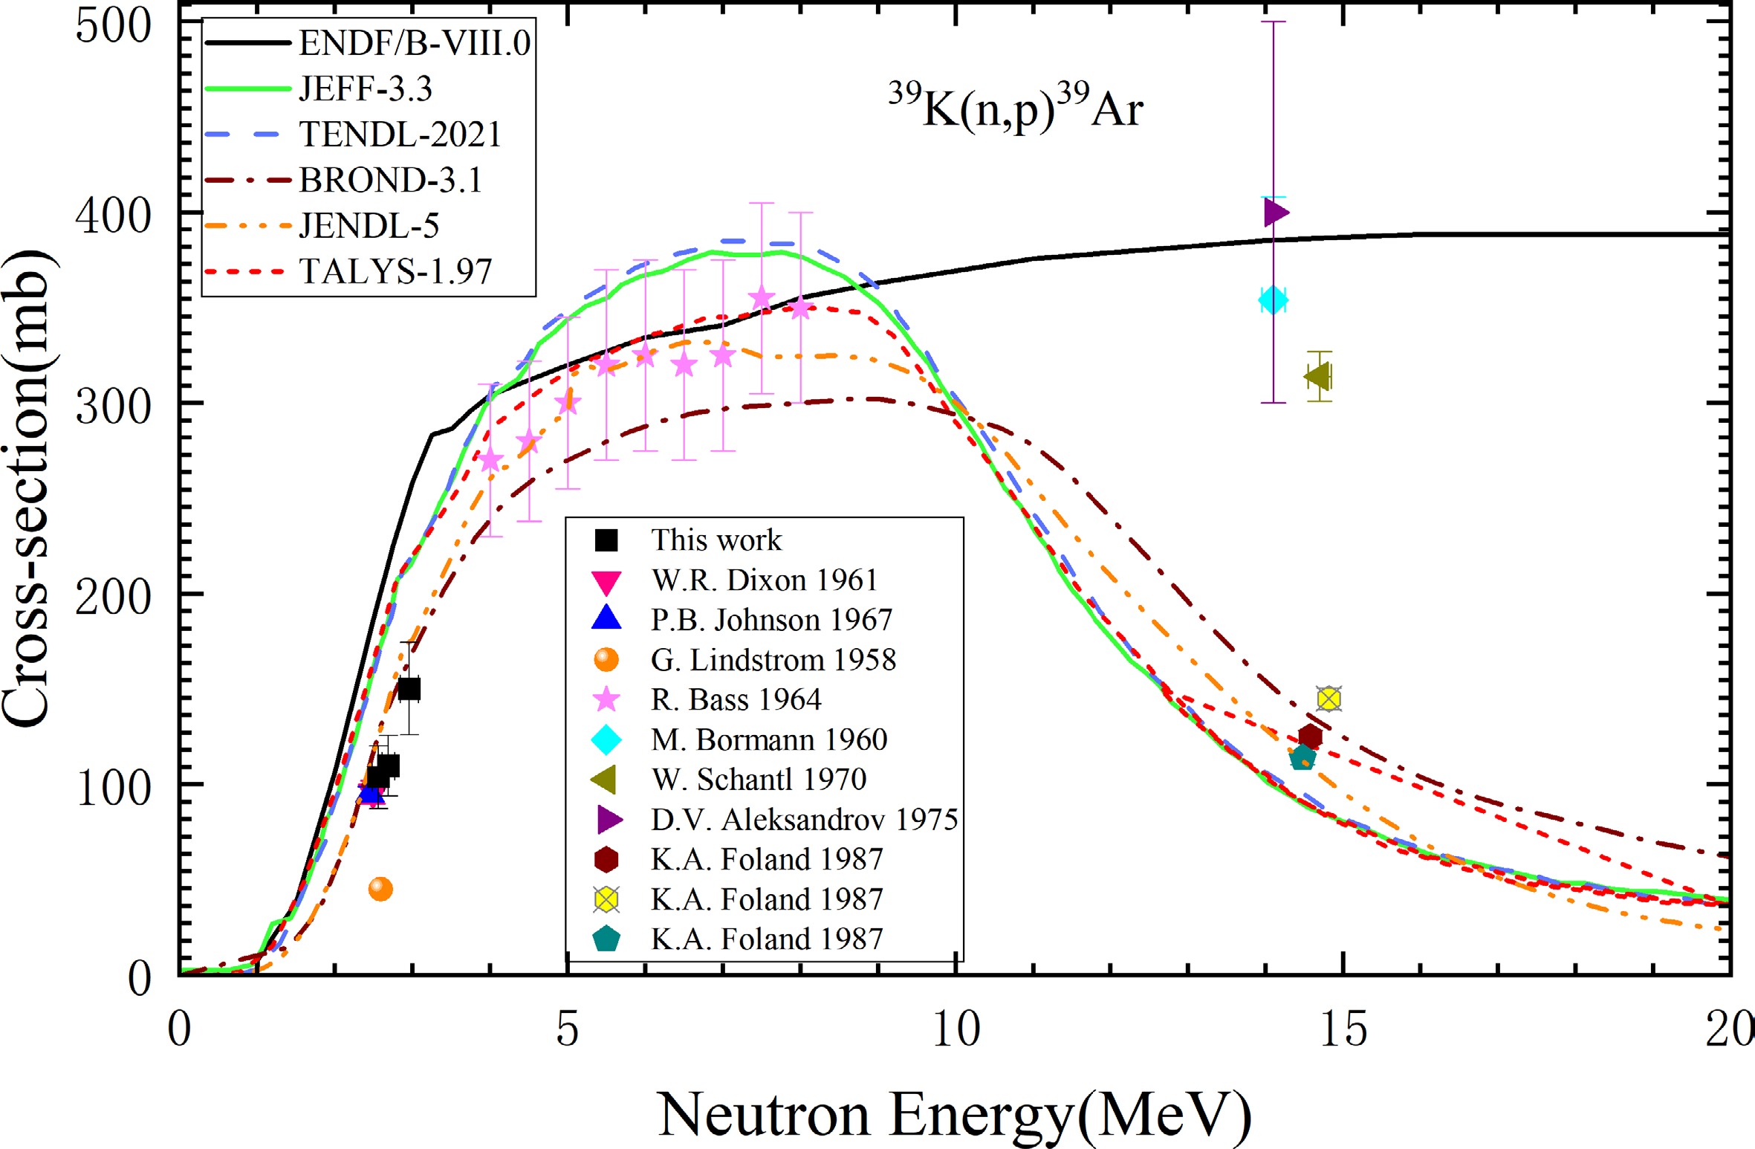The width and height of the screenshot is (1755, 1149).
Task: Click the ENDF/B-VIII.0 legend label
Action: (x=414, y=43)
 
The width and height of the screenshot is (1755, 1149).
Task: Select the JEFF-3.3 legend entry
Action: (x=365, y=89)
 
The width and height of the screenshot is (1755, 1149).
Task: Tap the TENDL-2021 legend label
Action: (x=400, y=135)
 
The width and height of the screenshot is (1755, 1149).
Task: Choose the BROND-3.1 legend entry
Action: (x=390, y=180)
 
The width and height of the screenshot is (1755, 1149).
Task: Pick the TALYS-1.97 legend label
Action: (x=395, y=271)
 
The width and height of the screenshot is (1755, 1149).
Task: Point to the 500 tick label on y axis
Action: (x=113, y=27)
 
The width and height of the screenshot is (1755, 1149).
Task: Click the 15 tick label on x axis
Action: (x=1343, y=1030)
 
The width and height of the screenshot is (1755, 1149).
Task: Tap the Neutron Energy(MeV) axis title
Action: (x=954, y=1115)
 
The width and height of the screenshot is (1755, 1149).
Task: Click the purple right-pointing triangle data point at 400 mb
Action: (x=1276, y=213)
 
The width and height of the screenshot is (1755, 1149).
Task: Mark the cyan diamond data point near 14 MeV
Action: (x=1273, y=300)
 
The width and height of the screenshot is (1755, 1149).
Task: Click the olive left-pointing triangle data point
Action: (x=1317, y=377)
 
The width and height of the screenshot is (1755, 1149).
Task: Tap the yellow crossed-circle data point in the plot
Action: (x=1329, y=699)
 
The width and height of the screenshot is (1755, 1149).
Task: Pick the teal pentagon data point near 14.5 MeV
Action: (x=1303, y=758)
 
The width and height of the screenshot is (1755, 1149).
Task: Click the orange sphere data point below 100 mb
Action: (x=380, y=889)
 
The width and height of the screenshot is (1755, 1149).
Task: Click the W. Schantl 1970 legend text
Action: (x=759, y=780)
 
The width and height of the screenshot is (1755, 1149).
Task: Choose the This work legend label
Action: (x=716, y=540)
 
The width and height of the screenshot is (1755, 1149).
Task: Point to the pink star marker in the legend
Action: (x=606, y=699)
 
